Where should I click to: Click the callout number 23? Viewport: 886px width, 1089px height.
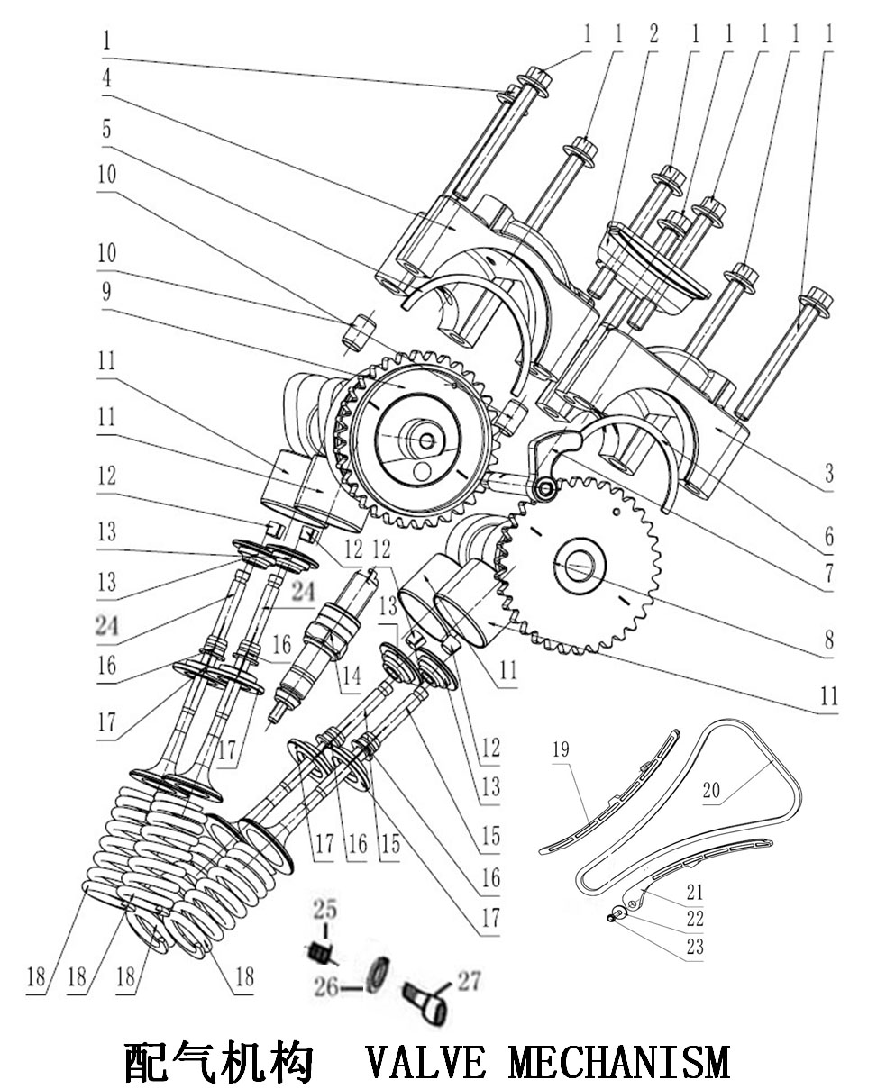(x=694, y=948)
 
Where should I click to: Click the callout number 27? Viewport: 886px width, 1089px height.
(x=470, y=980)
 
